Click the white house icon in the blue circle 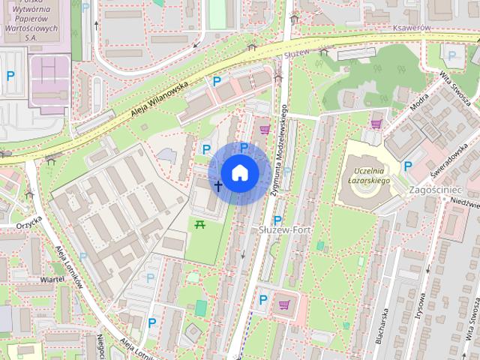(239, 172)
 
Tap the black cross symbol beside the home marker (218, 185)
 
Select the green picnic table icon (200, 223)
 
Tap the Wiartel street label (52, 279)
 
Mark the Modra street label (419, 101)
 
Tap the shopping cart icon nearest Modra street (376, 124)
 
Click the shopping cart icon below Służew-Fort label (283, 304)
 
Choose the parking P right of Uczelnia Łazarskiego (408, 166)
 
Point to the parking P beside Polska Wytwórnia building (10, 75)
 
